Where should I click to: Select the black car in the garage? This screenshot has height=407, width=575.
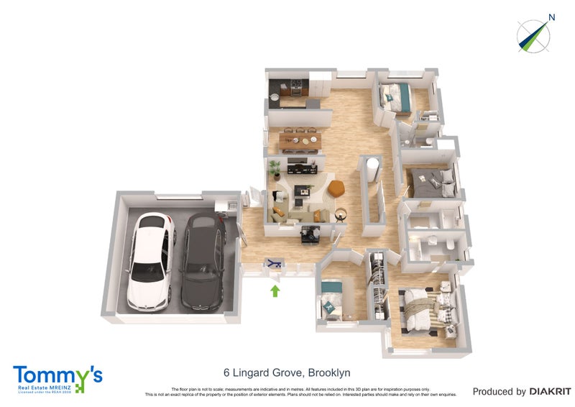(201, 262)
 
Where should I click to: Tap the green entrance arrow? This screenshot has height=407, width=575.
(273, 291)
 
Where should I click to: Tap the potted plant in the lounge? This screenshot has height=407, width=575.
(275, 170)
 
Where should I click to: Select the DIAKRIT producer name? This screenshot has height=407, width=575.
(551, 392)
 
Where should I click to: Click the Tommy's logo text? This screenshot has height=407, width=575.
(57, 375)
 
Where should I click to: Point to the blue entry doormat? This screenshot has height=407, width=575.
(273, 265)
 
